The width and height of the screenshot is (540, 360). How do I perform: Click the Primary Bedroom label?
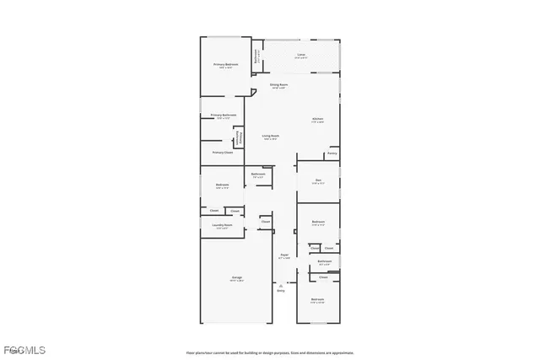pyautogui.click(x=225, y=65)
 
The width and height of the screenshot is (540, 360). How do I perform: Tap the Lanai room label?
pyautogui.click(x=301, y=56)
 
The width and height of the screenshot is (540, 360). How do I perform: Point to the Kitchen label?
pyautogui.click(x=318, y=119)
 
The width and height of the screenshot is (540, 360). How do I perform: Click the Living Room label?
pyautogui.click(x=270, y=136)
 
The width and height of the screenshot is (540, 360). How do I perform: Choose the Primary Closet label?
pyautogui.click(x=222, y=153)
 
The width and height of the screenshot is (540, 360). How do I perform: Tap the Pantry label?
pyautogui.click(x=332, y=153)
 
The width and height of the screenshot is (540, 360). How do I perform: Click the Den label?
pyautogui.click(x=318, y=180)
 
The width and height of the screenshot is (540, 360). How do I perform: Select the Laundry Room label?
pyautogui.click(x=224, y=227)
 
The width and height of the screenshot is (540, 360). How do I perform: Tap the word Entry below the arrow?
pyautogui.click(x=281, y=291)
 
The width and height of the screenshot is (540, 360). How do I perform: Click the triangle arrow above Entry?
pyautogui.click(x=281, y=285)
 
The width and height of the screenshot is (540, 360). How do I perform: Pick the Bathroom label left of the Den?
pyautogui.click(x=258, y=175)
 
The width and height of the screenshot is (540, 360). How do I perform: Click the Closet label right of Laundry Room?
pyautogui.click(x=265, y=222)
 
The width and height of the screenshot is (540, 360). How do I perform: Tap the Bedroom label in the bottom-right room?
pyautogui.click(x=317, y=300)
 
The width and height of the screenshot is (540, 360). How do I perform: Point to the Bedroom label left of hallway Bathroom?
pyautogui.click(x=222, y=185)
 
